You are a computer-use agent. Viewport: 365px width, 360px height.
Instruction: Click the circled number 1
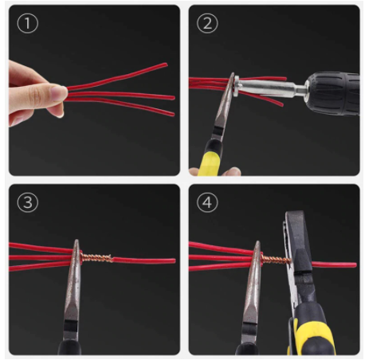28,23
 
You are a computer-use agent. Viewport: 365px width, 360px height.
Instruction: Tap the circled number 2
207,23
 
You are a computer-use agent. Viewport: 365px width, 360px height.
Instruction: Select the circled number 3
28,202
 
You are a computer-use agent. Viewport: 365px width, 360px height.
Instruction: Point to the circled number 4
207,202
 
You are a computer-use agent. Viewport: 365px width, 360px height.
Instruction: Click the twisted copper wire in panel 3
96,257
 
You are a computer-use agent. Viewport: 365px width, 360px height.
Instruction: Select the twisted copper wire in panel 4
276,260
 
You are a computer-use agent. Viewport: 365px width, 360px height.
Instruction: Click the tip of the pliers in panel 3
77,241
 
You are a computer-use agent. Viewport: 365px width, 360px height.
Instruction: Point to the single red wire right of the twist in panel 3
143,260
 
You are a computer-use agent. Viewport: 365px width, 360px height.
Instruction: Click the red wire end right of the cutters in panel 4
334,264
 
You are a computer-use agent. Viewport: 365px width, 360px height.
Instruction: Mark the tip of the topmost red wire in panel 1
167,65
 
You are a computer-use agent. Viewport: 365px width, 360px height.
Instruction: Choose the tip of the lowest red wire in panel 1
174,115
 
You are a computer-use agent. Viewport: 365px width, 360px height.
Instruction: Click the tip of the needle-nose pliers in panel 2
233,74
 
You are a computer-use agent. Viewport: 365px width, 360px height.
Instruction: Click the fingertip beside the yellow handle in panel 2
232,171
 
